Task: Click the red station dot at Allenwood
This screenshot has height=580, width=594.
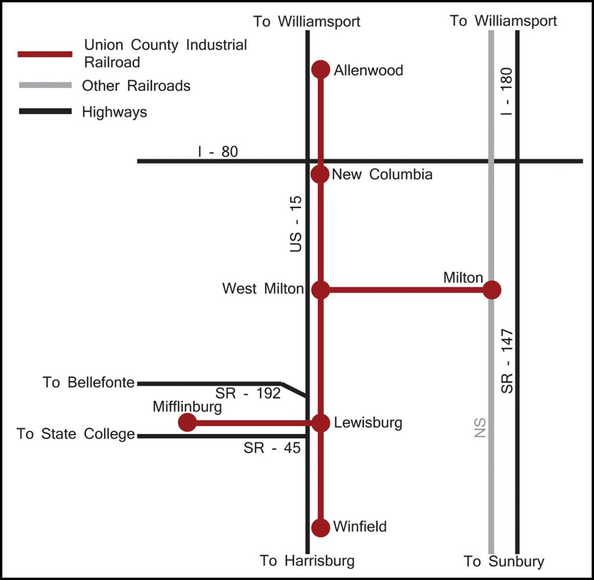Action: (x=320, y=70)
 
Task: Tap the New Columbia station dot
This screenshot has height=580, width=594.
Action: (x=320, y=174)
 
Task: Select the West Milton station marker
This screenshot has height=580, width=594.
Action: (x=320, y=290)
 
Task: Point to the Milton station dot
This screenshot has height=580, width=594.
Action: (x=492, y=290)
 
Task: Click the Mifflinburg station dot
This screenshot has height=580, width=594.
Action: (x=187, y=422)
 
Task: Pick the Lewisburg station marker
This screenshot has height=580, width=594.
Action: (x=321, y=423)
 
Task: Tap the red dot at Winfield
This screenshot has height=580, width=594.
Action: (x=320, y=527)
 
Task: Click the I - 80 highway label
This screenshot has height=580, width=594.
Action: (x=218, y=152)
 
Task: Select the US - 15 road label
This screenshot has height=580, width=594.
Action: (x=296, y=224)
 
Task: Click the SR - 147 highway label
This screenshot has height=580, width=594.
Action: (x=507, y=360)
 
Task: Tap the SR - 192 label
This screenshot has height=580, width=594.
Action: (x=248, y=393)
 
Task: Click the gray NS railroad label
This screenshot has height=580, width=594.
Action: (x=479, y=428)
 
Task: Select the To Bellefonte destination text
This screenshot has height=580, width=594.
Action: (x=88, y=383)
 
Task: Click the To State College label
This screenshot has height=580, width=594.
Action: (x=76, y=434)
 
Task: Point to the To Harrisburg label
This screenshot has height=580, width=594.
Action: (x=307, y=561)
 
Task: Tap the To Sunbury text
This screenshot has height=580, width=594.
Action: (x=504, y=561)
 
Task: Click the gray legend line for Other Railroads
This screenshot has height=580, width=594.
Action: (x=45, y=86)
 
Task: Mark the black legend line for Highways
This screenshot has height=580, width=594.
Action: (x=45, y=111)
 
